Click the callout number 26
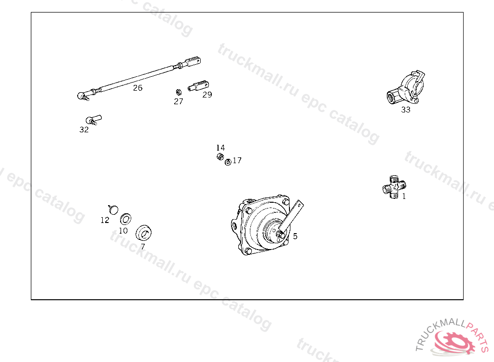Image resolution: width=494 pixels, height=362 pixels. coord(137,88)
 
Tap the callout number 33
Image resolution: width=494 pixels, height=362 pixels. coord(406,110)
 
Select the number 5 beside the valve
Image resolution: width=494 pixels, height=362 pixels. coord(295,236)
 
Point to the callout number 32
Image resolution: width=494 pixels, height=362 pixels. coord(84,130)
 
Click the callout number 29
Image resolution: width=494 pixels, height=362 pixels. coord(207,95)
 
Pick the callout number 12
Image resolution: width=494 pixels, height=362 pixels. coord(105,220)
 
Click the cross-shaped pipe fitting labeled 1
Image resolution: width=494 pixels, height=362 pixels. coord(394,187)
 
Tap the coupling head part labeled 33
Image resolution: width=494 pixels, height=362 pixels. coord(406,88)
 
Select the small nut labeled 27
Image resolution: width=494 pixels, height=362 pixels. coord(178,92)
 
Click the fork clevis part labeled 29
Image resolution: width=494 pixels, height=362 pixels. coord(198,86)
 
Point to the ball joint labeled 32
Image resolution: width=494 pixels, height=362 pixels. coord(93,120)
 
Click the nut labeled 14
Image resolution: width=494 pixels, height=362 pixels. coord(220,156)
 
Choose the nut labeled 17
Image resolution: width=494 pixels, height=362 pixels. coord(228,162)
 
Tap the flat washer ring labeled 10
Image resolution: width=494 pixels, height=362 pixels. coord(126,219)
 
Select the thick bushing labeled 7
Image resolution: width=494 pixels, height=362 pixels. coord(143,233)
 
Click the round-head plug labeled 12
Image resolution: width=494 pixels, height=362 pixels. coord(113,209)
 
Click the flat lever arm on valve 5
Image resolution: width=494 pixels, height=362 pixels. coord(291,217)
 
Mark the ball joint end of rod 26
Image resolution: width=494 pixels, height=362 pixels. coord(82,96)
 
